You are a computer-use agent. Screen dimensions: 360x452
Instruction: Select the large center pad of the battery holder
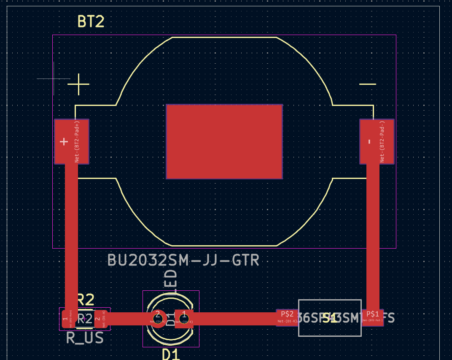click(224, 141)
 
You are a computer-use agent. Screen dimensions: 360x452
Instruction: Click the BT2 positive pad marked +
click(71, 141)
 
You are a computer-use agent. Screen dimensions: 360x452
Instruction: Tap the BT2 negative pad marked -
click(377, 141)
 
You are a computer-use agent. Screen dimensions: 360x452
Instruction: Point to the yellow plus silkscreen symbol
click(78, 84)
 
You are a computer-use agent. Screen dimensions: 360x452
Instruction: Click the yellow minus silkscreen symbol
click(367, 84)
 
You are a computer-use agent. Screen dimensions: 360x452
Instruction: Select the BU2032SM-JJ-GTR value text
click(183, 260)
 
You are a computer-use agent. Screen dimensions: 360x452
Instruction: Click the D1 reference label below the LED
click(171, 354)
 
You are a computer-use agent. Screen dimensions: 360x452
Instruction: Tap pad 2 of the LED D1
click(158, 318)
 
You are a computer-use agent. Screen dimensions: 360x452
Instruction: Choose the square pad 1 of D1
click(184, 318)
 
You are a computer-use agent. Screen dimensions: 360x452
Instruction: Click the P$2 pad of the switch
click(287, 317)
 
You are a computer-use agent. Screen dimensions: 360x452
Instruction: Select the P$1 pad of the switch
click(373, 317)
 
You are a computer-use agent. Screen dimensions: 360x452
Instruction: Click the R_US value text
click(85, 338)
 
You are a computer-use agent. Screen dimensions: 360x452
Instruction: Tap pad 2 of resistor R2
click(98, 319)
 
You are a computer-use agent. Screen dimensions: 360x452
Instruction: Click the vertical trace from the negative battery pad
click(373, 236)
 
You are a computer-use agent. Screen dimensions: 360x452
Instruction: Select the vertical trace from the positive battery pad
click(71, 236)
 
